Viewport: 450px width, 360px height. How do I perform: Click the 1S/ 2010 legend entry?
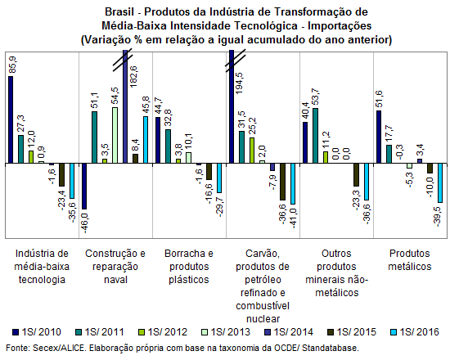click(37, 332)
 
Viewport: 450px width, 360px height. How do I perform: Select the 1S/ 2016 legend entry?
click(415, 332)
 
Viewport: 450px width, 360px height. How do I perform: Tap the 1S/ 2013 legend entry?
click(226, 332)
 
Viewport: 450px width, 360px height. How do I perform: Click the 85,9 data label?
click(13, 65)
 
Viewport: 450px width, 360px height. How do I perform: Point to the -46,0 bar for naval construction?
click(84, 186)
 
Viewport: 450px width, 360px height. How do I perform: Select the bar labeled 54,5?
click(115, 135)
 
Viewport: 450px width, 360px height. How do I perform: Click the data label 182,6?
click(133, 76)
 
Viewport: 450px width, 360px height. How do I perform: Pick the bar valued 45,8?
click(146, 140)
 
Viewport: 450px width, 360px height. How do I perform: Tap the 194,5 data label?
click(239, 83)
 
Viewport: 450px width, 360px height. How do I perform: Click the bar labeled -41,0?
click(293, 183)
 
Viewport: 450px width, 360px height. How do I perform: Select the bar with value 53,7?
click(315, 136)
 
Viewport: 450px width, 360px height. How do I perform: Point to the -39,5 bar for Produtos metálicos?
click(440, 183)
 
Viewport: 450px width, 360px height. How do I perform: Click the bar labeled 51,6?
click(379, 137)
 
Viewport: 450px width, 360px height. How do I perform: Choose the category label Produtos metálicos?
click(410, 260)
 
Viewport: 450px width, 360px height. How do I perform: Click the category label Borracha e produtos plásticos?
click(189, 267)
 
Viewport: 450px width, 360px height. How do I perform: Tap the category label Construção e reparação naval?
click(115, 267)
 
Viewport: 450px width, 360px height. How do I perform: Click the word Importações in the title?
click(340, 26)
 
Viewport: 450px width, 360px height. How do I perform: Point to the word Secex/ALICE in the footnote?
click(59, 349)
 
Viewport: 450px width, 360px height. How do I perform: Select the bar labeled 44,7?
click(158, 140)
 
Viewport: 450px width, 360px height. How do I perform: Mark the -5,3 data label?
click(410, 179)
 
